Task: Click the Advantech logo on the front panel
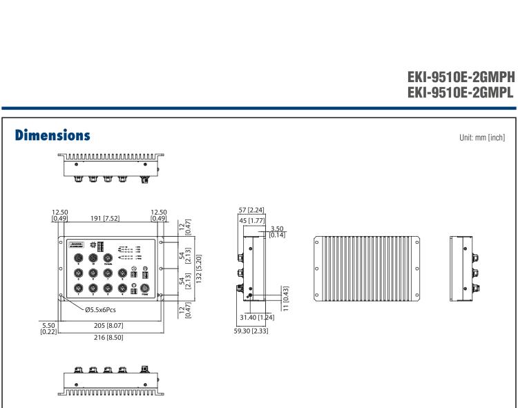[76, 244]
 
